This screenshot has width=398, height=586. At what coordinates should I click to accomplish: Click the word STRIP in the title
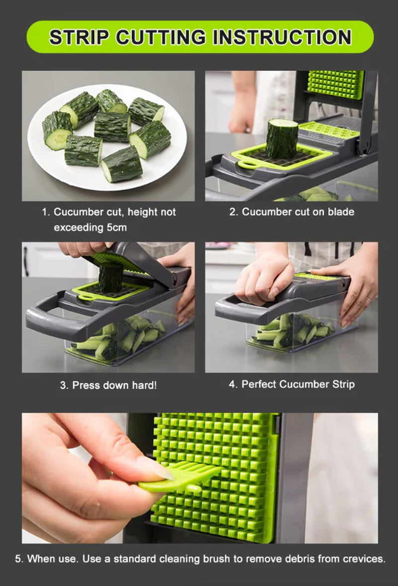click(79, 37)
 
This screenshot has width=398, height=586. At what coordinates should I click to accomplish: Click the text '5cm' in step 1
click(115, 228)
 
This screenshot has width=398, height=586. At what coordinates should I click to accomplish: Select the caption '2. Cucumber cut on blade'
click(292, 212)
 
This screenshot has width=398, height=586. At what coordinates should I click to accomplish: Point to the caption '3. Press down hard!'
click(108, 385)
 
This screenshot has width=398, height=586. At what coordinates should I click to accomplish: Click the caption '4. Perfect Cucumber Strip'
click(292, 384)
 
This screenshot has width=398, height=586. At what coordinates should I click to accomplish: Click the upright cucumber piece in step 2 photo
click(282, 138)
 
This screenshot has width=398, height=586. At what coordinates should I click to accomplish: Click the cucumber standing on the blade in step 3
click(110, 277)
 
